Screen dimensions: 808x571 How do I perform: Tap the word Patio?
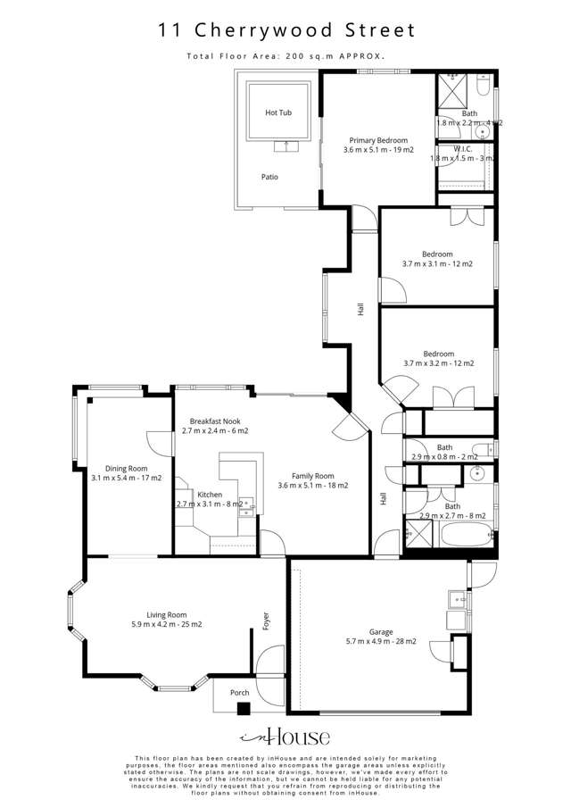pos(269,177)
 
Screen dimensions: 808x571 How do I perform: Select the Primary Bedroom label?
pos(378,140)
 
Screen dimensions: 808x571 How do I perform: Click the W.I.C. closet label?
pos(462,148)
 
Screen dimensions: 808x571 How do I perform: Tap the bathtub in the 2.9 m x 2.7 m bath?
pos(464,538)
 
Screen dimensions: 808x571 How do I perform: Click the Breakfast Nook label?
pos(214,421)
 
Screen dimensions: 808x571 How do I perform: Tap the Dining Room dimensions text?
pos(126,478)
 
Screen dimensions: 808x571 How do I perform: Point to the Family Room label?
pos(312,476)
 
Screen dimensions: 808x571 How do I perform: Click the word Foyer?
pos(266,621)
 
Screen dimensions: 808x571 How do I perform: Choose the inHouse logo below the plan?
pos(285,737)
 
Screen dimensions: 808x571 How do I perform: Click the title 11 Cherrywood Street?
pos(286,30)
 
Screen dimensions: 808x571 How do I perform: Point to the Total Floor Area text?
pos(285,55)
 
